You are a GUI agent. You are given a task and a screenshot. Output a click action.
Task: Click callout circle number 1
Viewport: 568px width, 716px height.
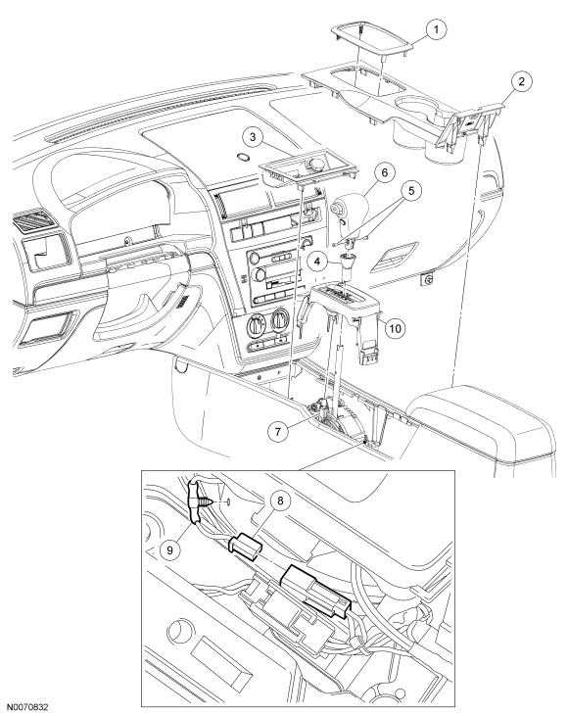tap(436, 30)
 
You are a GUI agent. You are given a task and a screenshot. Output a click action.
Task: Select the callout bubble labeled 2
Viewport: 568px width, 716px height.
tap(521, 82)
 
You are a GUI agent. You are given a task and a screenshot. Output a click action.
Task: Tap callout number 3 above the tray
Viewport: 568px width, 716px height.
tap(253, 138)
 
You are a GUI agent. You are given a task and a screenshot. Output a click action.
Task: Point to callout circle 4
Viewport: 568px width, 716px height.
tap(317, 263)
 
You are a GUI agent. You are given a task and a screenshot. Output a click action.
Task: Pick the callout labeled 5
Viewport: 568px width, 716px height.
tap(411, 190)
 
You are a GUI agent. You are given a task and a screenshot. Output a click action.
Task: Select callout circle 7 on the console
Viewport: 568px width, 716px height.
tap(278, 430)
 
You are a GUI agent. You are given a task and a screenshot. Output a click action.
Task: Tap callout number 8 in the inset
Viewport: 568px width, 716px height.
tap(280, 501)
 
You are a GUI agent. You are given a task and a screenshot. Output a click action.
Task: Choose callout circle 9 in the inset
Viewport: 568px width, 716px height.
tap(169, 549)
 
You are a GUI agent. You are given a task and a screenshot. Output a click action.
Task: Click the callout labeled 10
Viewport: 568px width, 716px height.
tap(395, 328)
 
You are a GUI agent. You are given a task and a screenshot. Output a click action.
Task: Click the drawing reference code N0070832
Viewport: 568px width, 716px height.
tap(27, 707)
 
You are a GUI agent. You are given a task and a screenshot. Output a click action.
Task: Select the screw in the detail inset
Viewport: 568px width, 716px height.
tap(201, 501)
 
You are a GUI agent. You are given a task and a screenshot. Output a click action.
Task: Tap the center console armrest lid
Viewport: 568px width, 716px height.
tap(482, 422)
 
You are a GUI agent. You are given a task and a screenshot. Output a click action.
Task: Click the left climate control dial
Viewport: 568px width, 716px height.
tap(254, 325)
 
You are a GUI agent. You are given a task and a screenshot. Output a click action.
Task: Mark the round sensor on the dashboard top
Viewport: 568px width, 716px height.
tap(244, 157)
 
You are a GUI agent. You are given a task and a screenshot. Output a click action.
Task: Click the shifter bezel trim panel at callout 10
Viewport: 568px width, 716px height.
tap(347, 319)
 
